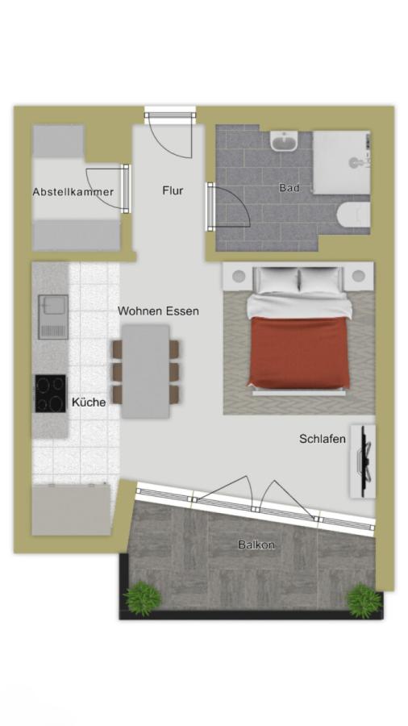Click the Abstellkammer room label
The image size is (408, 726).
(73, 192)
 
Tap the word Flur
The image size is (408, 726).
(173, 190)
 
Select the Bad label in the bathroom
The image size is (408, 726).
(289, 188)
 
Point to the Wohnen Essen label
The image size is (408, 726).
(158, 311)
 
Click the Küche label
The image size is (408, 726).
(89, 402)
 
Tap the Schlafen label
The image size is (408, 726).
(323, 439)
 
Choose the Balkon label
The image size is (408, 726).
(256, 545)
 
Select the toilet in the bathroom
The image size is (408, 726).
(353, 215)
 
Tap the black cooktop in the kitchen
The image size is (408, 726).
(51, 394)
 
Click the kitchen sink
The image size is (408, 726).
(53, 317)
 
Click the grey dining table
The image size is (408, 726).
(146, 371)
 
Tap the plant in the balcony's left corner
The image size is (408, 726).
(142, 598)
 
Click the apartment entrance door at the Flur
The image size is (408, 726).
(170, 134)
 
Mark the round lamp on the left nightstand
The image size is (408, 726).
(239, 277)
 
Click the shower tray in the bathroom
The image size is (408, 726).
(341, 162)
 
